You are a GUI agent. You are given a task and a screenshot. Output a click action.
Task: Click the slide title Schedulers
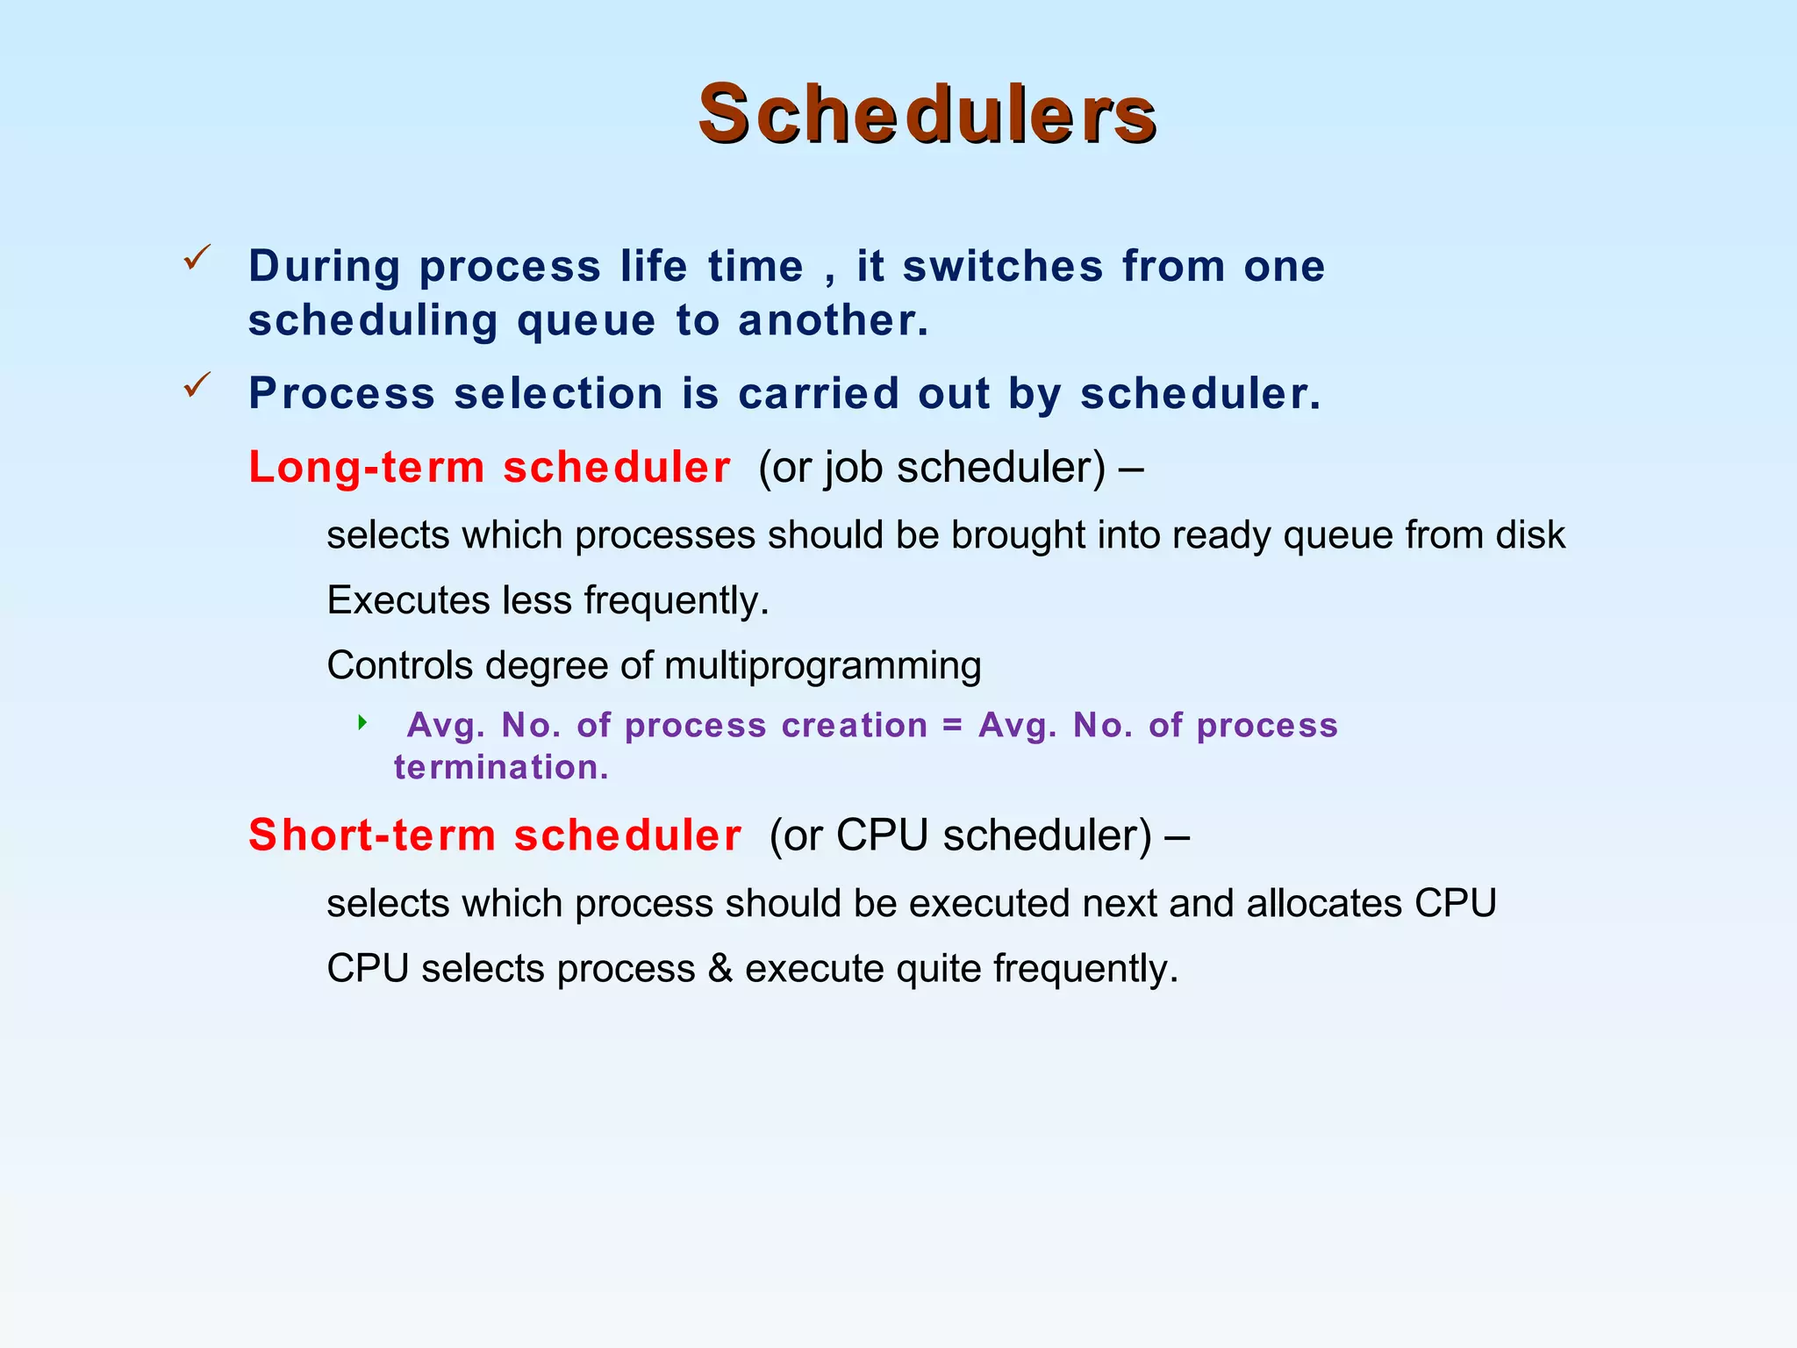pyautogui.click(x=927, y=115)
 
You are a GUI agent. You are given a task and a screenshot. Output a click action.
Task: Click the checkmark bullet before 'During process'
pyautogui.click(x=197, y=258)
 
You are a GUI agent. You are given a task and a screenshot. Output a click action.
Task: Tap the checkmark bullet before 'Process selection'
pyautogui.click(x=197, y=385)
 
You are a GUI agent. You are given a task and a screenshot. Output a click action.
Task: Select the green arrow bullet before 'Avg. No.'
pyautogui.click(x=362, y=723)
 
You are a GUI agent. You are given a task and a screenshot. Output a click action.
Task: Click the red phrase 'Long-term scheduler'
pyautogui.click(x=489, y=467)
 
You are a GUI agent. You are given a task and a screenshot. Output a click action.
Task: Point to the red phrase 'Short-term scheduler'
pyautogui.click(x=495, y=835)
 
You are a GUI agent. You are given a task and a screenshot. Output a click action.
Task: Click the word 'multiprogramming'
pyautogui.click(x=822, y=666)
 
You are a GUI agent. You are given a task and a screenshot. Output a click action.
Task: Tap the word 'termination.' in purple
pyautogui.click(x=501, y=768)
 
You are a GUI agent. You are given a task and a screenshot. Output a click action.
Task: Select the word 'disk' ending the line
pyautogui.click(x=1530, y=535)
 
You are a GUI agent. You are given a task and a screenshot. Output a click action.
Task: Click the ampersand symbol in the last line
pyautogui.click(x=720, y=970)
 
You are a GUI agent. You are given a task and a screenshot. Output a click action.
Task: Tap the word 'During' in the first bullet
pyautogui.click(x=325, y=267)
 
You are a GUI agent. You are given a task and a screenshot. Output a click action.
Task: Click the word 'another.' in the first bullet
pyautogui.click(x=833, y=321)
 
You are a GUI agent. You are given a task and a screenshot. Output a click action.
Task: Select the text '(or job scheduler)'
pyautogui.click(x=932, y=468)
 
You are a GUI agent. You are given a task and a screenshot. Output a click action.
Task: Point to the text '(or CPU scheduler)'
pyautogui.click(x=960, y=835)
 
